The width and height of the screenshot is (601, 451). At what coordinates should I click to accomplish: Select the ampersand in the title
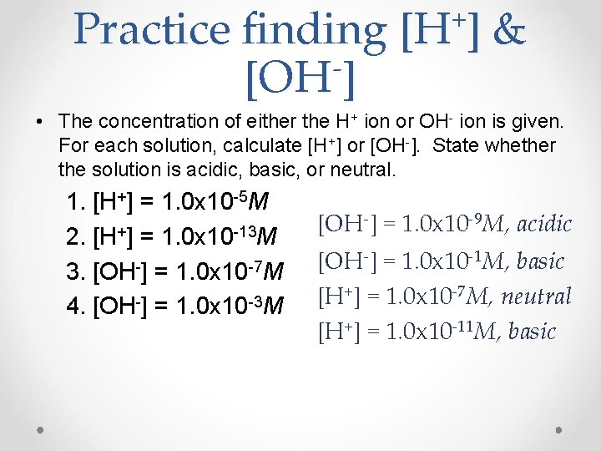(508, 30)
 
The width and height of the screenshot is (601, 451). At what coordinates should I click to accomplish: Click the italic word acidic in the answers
(545, 225)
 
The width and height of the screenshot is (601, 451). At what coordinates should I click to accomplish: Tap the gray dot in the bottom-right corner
(558, 427)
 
